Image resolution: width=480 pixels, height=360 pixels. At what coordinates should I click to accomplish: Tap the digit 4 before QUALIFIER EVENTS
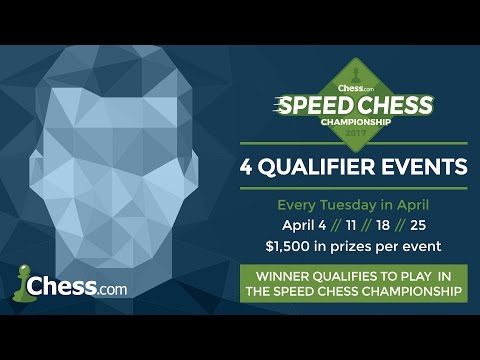coord(276,166)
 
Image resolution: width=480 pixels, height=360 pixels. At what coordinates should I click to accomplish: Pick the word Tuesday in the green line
coord(362,204)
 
